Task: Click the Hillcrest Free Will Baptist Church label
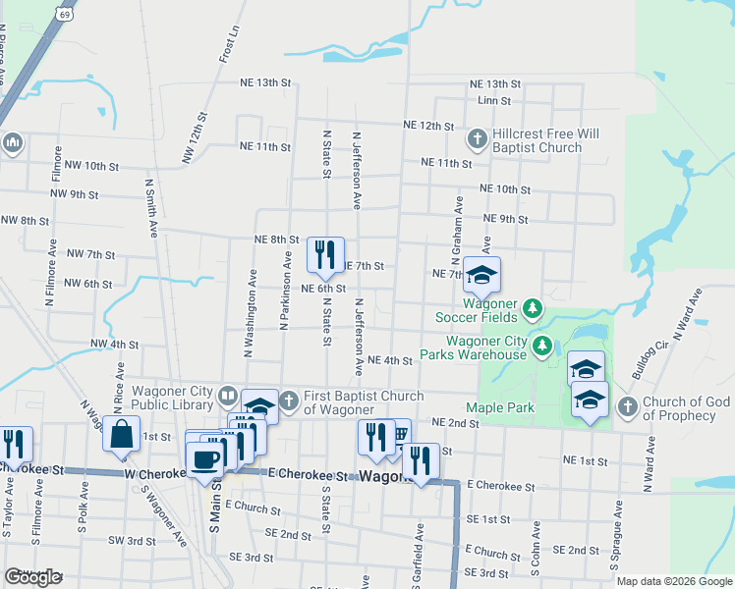point(538,140)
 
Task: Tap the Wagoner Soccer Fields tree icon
point(532,310)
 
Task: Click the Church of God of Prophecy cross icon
point(626,406)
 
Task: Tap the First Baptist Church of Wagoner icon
point(289,401)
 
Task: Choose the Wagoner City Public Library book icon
point(227,396)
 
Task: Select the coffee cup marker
point(204,460)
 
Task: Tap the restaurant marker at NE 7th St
point(325,254)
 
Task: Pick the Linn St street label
point(494,101)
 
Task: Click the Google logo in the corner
point(32,577)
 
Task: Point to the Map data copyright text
point(675,581)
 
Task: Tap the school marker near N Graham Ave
point(482,276)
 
